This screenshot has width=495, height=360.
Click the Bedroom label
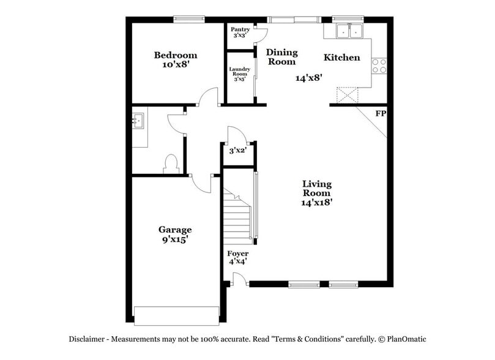coord(176,59)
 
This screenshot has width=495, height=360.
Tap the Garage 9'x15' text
coord(175,234)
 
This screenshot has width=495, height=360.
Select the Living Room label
coord(317,193)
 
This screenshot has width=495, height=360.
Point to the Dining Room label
coord(281,57)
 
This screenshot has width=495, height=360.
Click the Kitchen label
coord(341,58)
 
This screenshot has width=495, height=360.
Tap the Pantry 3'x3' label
coord(239,32)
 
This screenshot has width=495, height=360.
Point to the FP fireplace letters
coord(381,114)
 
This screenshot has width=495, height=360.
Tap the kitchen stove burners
coord(379,66)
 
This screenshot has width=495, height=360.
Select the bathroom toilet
coord(171,164)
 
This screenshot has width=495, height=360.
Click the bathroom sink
coord(138,120)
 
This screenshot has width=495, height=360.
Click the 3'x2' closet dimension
coord(237,151)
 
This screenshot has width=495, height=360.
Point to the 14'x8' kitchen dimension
coord(309,78)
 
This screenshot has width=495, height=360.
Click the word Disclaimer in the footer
coord(89,339)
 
